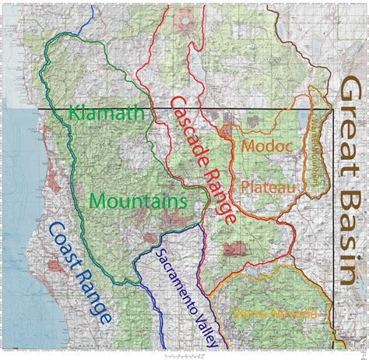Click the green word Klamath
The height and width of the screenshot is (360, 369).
tap(107, 114)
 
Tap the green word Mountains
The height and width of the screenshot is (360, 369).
tap(138, 201)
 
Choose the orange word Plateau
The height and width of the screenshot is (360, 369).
tap(266, 187)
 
